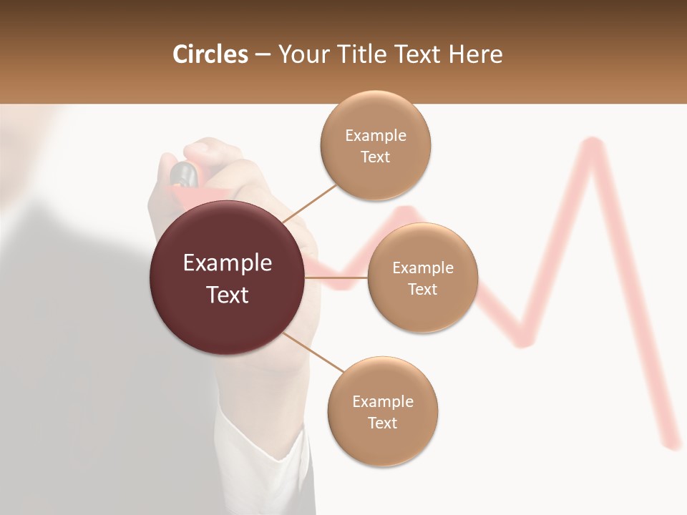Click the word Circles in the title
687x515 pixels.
click(x=210, y=54)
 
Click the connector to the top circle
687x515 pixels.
click(x=309, y=202)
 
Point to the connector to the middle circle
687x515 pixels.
click(x=336, y=277)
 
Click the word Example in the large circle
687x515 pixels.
click(x=227, y=263)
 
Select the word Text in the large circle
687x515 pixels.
click(x=227, y=295)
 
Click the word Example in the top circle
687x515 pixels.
click(x=375, y=136)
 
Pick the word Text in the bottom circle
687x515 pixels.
click(x=382, y=423)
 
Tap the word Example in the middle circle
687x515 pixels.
click(x=422, y=268)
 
